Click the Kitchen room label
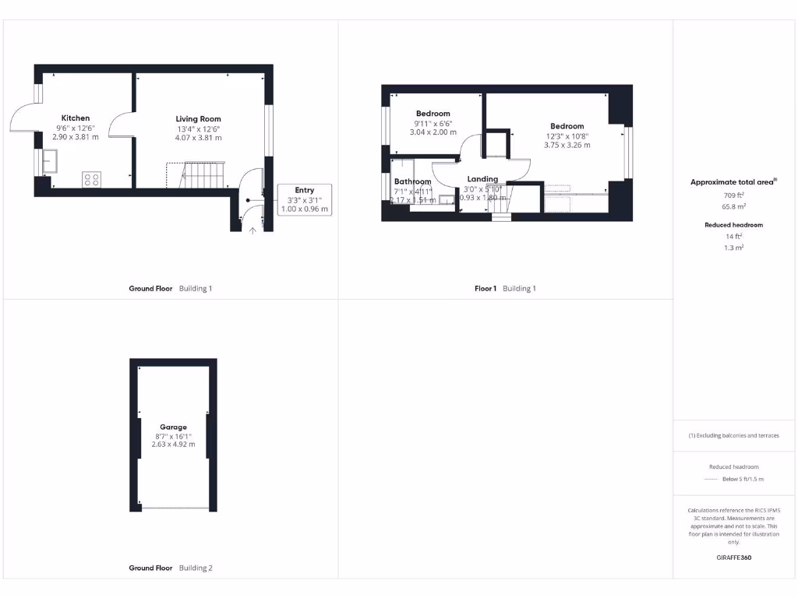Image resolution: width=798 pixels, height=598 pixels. coord(76,118)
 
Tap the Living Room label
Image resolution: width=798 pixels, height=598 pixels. coord(199,119)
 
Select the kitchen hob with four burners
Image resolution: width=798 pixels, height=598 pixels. coord(91,180)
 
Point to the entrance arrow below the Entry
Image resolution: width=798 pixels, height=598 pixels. coord(252,230)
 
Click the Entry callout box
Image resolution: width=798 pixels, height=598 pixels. coord(305,199)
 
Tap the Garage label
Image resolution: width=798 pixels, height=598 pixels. coord(173,427)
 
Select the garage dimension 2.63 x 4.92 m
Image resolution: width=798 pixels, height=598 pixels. coord(173,445)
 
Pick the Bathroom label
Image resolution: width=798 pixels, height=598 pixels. coord(412,181)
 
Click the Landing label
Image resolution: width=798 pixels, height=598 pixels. coord(482,179)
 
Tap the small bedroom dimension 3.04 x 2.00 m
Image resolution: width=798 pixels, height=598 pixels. coord(433,132)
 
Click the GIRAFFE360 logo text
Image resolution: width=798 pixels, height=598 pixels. coord(734,558)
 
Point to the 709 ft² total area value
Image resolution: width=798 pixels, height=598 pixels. coord(734,195)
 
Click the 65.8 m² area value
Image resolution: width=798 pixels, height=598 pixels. coord(734,207)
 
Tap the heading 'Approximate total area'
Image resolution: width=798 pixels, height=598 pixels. coord(733,182)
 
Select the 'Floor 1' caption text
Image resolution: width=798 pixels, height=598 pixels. coord(486,289)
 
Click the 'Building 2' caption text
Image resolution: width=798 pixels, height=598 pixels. coord(196,568)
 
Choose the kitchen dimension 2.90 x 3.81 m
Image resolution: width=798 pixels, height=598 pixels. coord(76,137)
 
